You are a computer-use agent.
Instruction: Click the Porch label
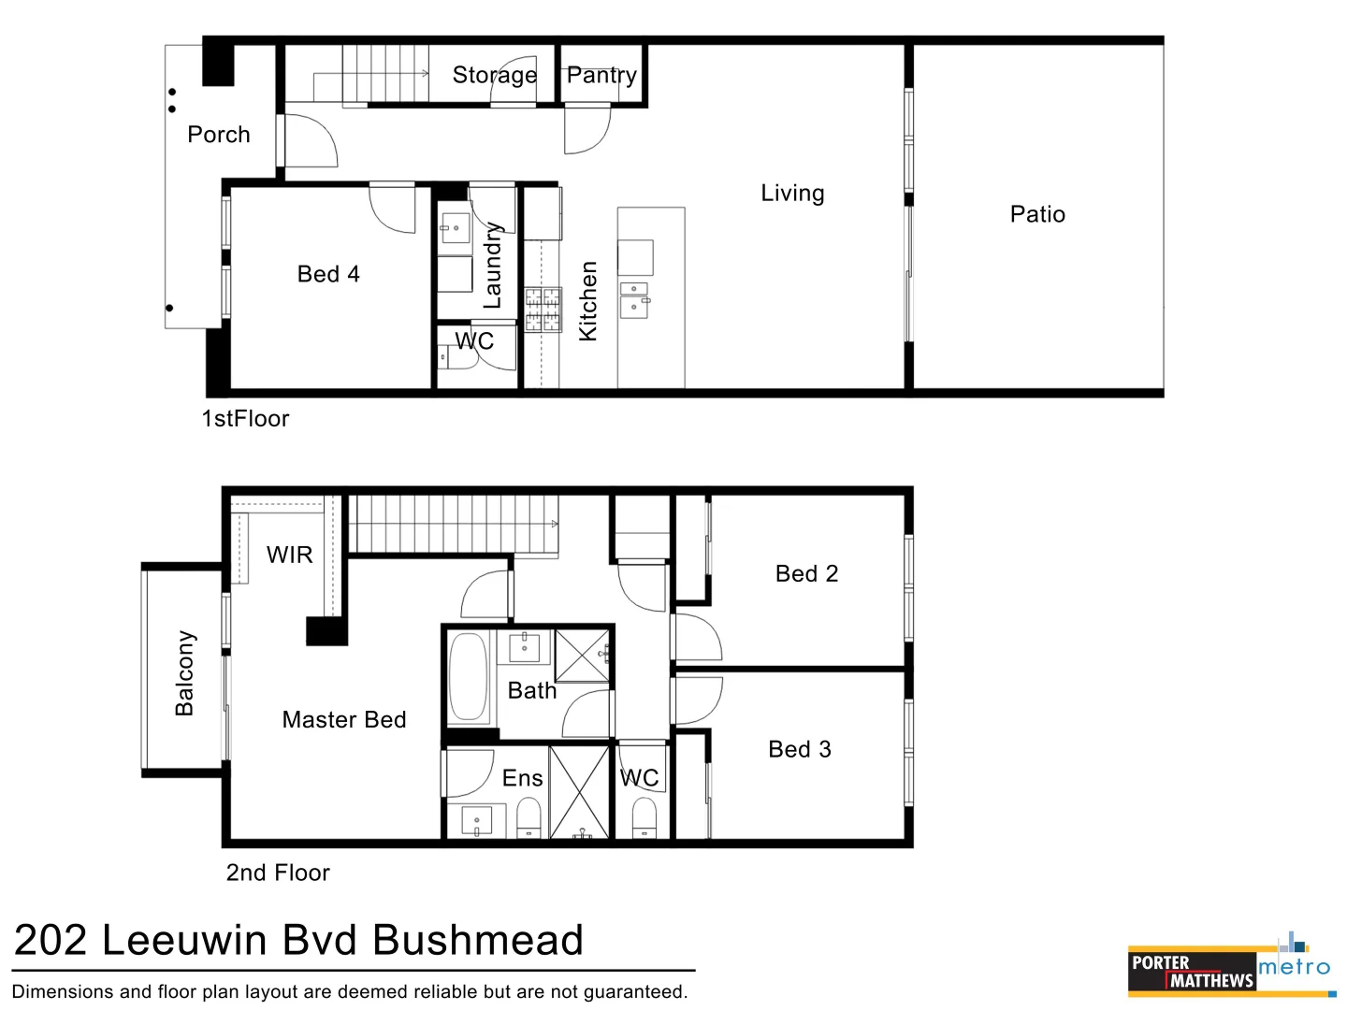[219, 135]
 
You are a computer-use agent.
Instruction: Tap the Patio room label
[1037, 214]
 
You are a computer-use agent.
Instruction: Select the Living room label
[792, 194]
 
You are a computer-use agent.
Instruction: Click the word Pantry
[601, 75]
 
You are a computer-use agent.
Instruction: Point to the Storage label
[495, 75]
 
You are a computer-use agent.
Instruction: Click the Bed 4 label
[328, 274]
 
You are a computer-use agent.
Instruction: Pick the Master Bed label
[344, 719]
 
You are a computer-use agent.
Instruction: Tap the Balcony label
[185, 673]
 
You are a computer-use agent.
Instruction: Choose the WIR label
[290, 555]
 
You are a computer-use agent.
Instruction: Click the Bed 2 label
[806, 573]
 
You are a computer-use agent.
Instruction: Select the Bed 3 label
[800, 749]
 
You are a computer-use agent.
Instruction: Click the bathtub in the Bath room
[470, 678]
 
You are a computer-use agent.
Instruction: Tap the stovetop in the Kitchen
[543, 310]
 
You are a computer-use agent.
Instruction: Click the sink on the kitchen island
[634, 299]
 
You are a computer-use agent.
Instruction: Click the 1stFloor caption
[246, 418]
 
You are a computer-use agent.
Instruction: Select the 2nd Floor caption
[278, 873]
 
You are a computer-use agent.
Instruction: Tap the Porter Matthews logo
[1192, 972]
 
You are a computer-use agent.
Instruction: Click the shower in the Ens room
[580, 791]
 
